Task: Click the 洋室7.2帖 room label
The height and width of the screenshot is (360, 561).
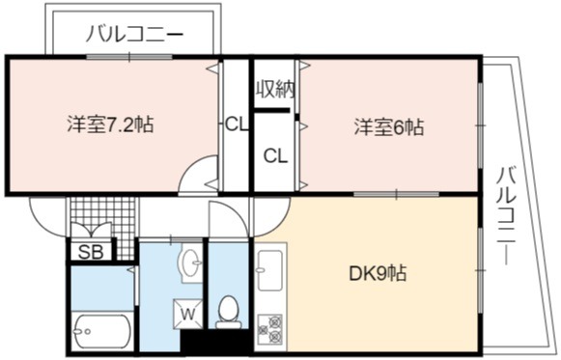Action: point(110,125)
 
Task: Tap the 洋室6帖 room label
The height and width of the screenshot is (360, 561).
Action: point(389,126)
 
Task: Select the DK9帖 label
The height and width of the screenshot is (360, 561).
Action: point(378,273)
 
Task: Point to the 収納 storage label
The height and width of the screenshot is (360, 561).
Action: point(275,89)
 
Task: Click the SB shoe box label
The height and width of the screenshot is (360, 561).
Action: point(91,252)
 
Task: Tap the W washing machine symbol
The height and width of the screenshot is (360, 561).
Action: point(188,314)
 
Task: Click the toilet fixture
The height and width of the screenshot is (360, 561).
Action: point(228,312)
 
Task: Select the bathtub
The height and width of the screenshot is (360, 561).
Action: point(102,331)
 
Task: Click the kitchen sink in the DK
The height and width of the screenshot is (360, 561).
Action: point(270,270)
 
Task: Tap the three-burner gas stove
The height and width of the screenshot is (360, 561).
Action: point(270,329)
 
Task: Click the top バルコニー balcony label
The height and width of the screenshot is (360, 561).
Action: point(134,35)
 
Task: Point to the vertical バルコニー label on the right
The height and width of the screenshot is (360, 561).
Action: point(507,216)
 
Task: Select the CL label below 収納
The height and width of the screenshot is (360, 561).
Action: point(275,155)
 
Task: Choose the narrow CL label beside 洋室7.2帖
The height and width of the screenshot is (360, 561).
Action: point(237,125)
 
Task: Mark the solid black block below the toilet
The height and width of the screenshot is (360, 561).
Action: point(215,343)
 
